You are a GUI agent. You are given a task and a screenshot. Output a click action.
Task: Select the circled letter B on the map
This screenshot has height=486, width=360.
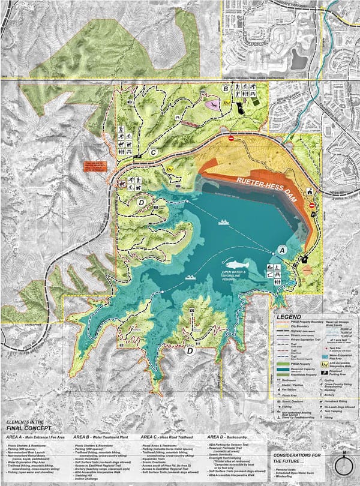(x=225, y=89)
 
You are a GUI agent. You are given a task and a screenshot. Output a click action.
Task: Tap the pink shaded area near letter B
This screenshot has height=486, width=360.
(x=213, y=104)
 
